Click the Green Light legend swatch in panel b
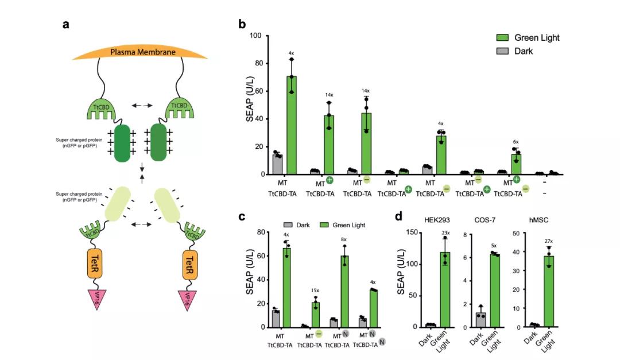pos(503,38)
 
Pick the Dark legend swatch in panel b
pos(503,51)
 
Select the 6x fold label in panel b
pos(516,142)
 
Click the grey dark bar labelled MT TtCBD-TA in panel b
pos(277,164)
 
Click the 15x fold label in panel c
pos(315,290)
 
